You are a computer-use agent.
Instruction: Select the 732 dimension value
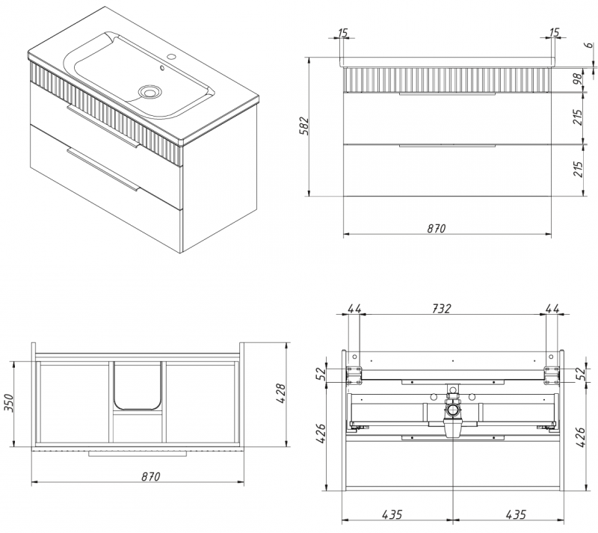(x=441, y=308)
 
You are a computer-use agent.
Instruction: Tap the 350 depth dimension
(x=8, y=403)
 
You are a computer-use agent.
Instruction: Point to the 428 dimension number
(x=280, y=394)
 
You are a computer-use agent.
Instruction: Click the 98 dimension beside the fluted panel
(x=578, y=78)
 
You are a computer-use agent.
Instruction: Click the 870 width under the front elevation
(x=437, y=228)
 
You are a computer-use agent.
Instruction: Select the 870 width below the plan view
(x=151, y=476)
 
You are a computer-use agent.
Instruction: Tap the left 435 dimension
(x=392, y=515)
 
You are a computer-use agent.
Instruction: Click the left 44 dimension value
(x=354, y=308)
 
